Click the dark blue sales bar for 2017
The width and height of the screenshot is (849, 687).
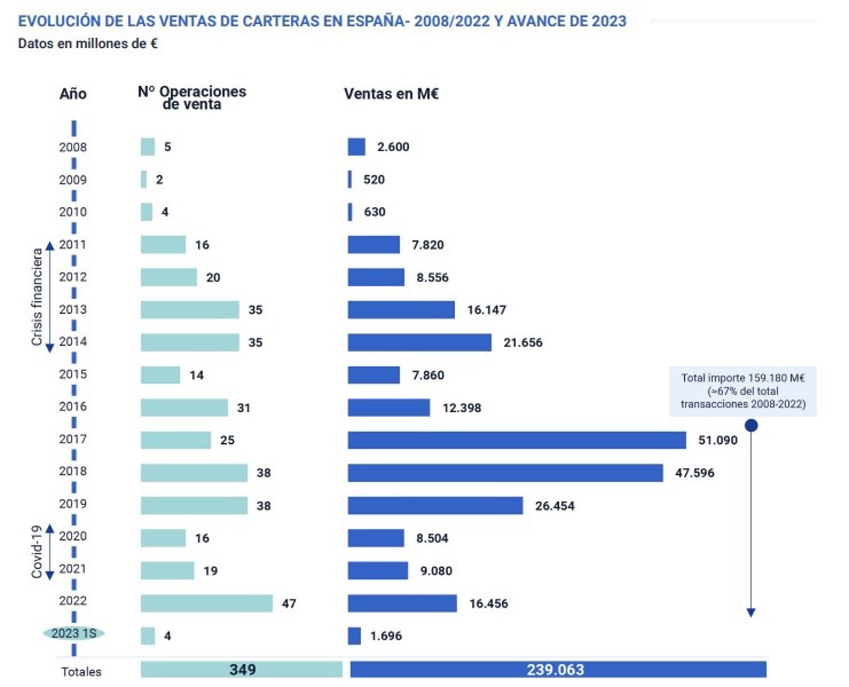[516, 440]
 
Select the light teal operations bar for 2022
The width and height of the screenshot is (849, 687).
[206, 604]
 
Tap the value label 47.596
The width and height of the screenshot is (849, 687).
[694, 473]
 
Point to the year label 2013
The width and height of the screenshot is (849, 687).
[74, 310]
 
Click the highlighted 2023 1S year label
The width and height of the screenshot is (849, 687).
[73, 634]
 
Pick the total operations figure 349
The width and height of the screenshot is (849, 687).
[241, 669]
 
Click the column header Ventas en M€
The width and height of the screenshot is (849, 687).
[391, 94]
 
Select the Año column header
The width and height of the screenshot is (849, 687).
[73, 94]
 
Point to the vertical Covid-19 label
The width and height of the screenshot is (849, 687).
[37, 552]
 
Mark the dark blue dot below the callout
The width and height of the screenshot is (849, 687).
[751, 425]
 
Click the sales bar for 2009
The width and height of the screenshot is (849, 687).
[350, 180]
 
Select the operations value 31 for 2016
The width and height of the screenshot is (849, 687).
[244, 408]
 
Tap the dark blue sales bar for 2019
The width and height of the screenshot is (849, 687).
[435, 505]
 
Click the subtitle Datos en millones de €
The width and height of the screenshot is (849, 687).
[88, 43]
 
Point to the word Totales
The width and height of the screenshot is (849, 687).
[81, 672]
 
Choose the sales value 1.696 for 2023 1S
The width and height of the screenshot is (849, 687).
[386, 636]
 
